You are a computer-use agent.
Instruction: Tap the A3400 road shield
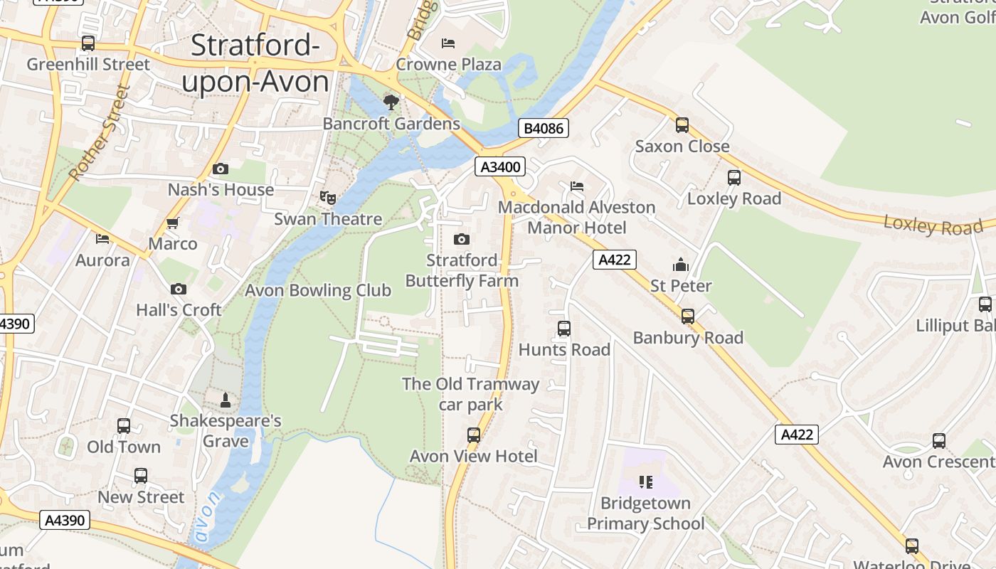[x=500, y=167]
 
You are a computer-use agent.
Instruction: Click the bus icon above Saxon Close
[x=682, y=125]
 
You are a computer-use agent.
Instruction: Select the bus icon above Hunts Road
[x=564, y=329]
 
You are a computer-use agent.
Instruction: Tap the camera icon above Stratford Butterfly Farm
[x=462, y=239]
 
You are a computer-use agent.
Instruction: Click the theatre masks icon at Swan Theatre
[x=328, y=197]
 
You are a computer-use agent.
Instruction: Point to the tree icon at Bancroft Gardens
[x=391, y=102]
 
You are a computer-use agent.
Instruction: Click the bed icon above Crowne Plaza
[x=448, y=43]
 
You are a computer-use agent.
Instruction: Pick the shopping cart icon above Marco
[x=172, y=223]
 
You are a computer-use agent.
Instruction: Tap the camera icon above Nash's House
[x=221, y=169]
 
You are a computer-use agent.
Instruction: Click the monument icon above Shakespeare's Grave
[x=226, y=400]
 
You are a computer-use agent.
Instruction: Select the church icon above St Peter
[x=681, y=265]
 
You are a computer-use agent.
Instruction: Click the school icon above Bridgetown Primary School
[x=645, y=482]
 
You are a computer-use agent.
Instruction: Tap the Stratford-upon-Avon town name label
[x=255, y=64]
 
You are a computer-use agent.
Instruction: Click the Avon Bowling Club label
[x=318, y=290]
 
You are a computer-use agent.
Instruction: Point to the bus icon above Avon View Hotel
[x=474, y=435]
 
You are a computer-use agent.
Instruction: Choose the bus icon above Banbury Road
[x=688, y=317]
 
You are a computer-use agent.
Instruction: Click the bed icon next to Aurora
[x=102, y=239]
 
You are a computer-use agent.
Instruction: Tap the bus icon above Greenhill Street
[x=88, y=43]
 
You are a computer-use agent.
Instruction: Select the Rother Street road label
[x=100, y=132]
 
